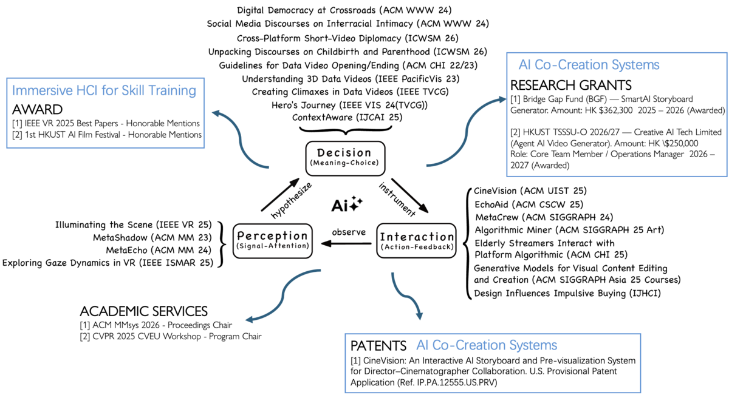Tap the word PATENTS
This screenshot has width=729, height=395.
point(378,346)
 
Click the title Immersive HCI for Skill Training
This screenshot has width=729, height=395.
point(104,91)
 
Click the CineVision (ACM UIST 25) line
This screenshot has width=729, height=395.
point(530,191)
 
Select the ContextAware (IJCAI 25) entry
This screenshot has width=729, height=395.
point(347,117)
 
